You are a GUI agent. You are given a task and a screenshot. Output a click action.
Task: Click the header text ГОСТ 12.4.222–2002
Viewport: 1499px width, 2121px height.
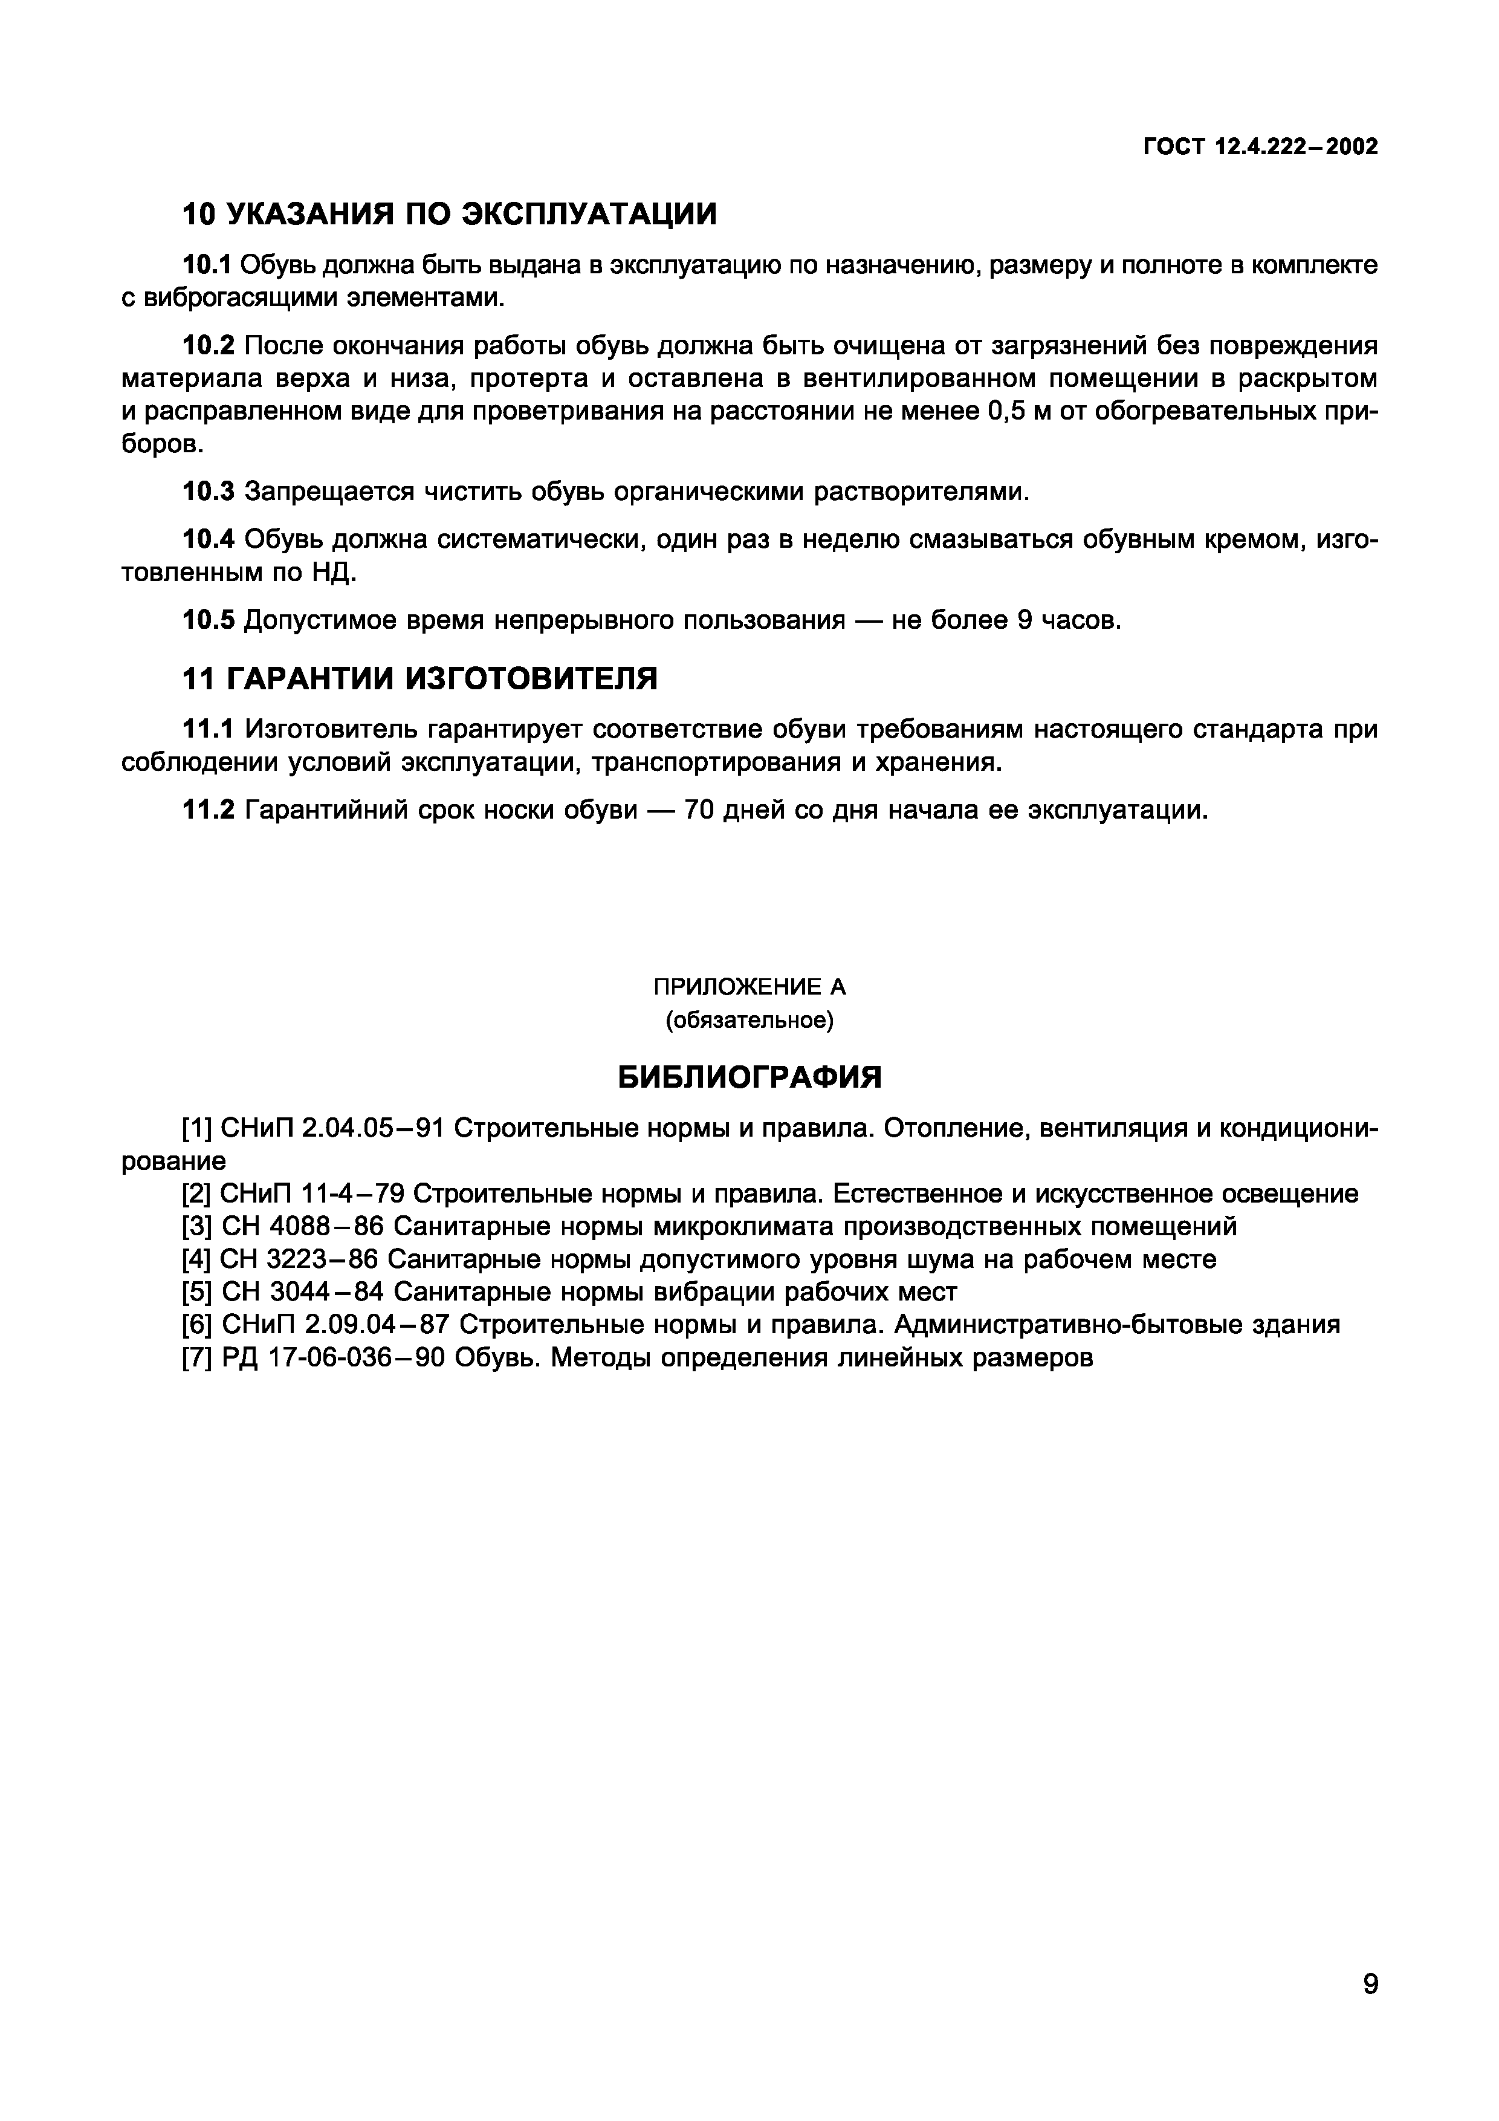tap(1260, 147)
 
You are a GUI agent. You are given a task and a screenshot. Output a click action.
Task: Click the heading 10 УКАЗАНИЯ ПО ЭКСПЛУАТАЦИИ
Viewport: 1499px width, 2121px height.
tap(449, 214)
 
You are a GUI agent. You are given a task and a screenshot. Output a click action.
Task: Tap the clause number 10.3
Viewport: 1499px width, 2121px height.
tap(209, 492)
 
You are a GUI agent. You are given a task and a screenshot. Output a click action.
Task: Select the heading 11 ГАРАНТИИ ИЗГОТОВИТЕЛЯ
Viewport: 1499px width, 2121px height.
tap(420, 679)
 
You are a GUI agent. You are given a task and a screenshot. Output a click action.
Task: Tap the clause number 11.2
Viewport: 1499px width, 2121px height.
tap(208, 810)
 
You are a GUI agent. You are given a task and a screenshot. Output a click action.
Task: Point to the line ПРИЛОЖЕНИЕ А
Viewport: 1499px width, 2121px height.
tap(749, 987)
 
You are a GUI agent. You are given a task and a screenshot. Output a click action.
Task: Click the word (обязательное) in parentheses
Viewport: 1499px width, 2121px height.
tap(749, 1020)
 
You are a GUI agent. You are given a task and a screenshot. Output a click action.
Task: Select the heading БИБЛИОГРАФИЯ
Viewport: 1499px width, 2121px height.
tap(749, 1076)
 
